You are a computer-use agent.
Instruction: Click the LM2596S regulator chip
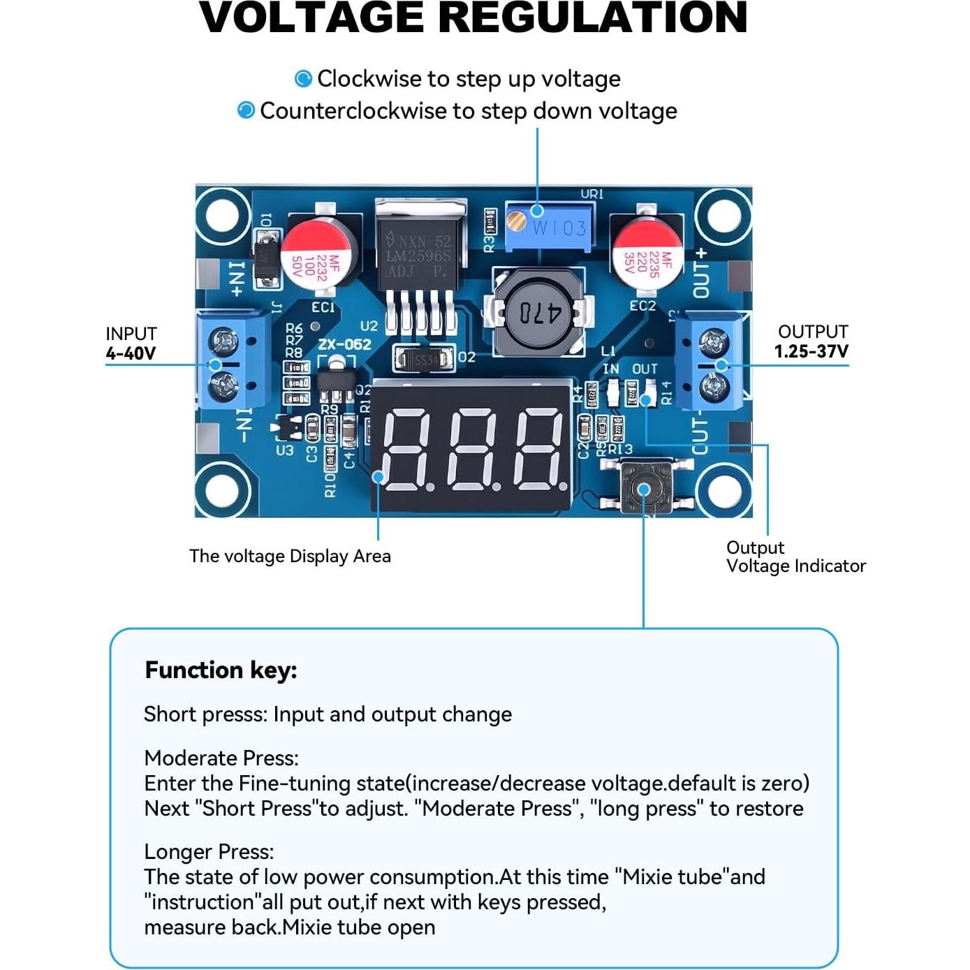[x=420, y=255]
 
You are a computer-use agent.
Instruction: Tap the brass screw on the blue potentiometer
[x=517, y=222]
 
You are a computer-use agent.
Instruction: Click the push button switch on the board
[x=644, y=488]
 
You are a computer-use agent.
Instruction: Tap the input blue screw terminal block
[x=233, y=362]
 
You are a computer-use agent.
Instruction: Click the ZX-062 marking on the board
[x=344, y=344]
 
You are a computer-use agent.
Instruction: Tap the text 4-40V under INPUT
[x=131, y=353]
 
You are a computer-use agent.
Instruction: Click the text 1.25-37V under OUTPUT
[x=811, y=351]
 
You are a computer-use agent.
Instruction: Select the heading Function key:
[x=221, y=670]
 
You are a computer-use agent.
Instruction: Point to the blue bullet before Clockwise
[x=303, y=79]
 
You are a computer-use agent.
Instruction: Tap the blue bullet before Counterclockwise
[x=246, y=110]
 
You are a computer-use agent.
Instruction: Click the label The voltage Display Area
[x=290, y=556]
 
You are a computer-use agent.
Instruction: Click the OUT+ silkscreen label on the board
[x=700, y=272]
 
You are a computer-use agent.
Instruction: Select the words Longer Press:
[x=209, y=852]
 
